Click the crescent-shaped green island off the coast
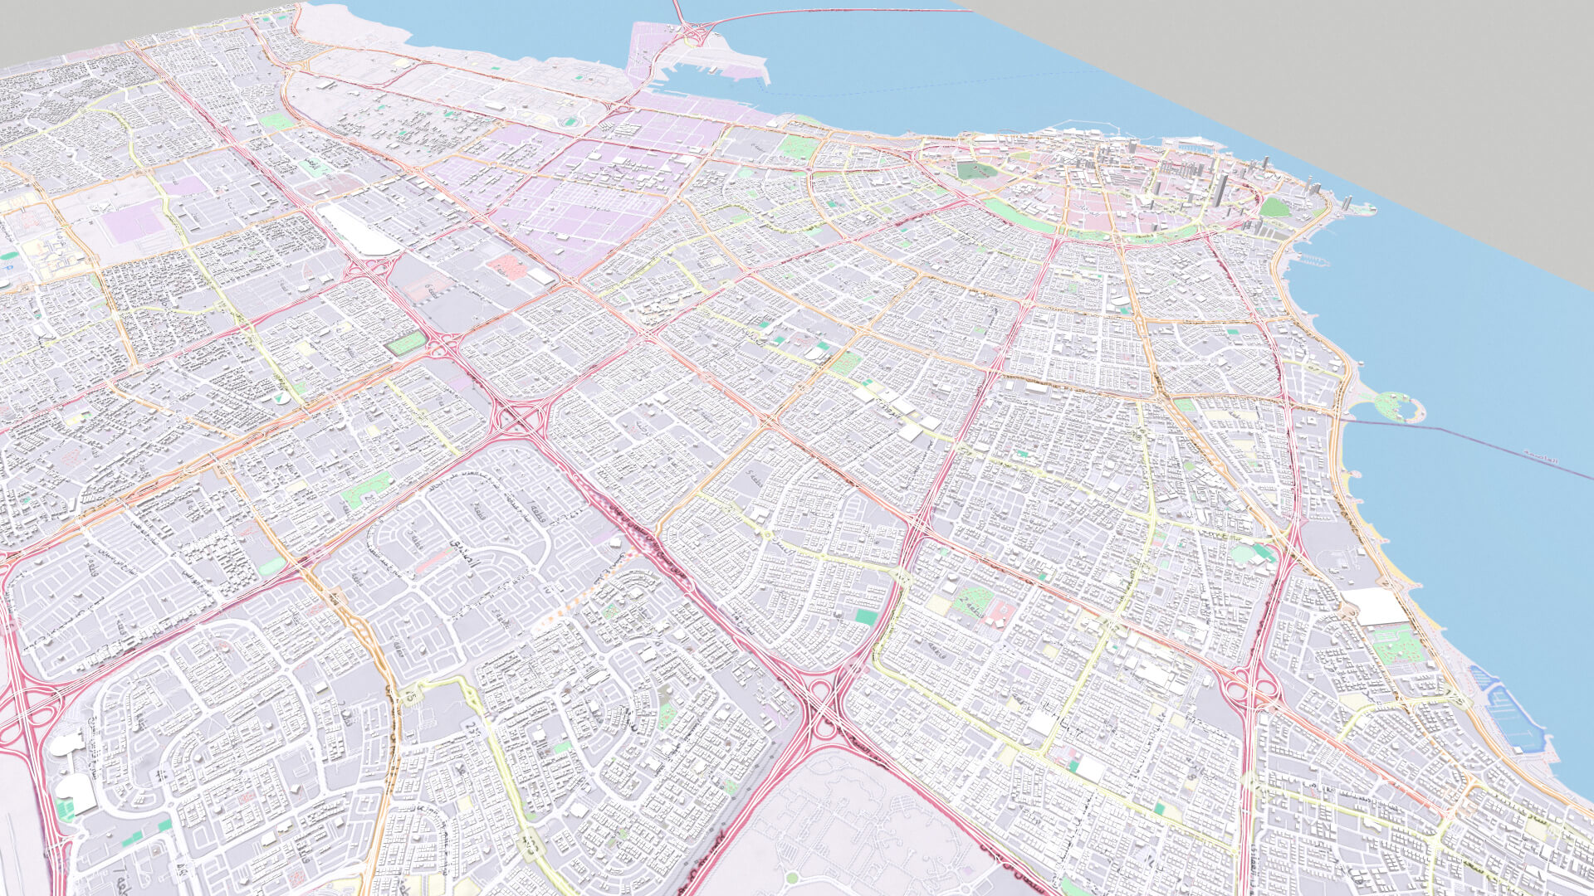(x=1397, y=405)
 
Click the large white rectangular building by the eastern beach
(x=1375, y=606)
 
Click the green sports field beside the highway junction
(x=406, y=343)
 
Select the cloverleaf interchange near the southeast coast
(x=1249, y=687)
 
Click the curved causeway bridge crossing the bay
(x=830, y=12)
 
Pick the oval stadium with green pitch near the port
(x=570, y=122)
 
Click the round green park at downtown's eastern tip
(x=1274, y=207)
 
